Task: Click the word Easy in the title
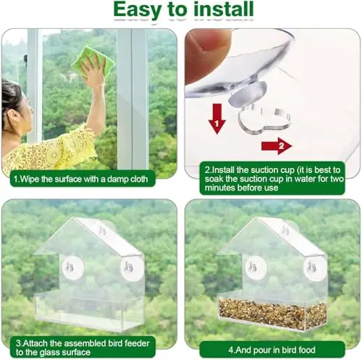138,10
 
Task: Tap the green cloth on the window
93,62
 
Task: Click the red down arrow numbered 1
216,118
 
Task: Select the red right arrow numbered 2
277,146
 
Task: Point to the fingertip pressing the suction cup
208,49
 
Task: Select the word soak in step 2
214,179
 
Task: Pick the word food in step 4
307,350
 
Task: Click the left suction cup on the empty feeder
73,267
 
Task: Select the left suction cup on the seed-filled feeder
256,267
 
